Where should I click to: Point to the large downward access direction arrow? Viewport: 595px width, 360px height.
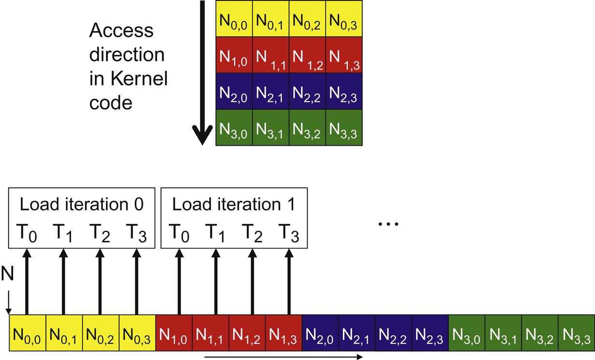pos(202,72)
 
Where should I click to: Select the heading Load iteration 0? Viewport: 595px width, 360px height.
pos(82,204)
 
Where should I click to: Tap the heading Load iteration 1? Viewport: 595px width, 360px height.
pos(233,204)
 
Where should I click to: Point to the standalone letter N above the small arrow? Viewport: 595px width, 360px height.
pos(7,276)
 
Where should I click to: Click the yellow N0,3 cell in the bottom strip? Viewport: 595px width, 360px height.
pos(137,332)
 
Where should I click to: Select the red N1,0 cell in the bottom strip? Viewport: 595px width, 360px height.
pos(174,332)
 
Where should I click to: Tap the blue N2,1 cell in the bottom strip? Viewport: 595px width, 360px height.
pos(357,332)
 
